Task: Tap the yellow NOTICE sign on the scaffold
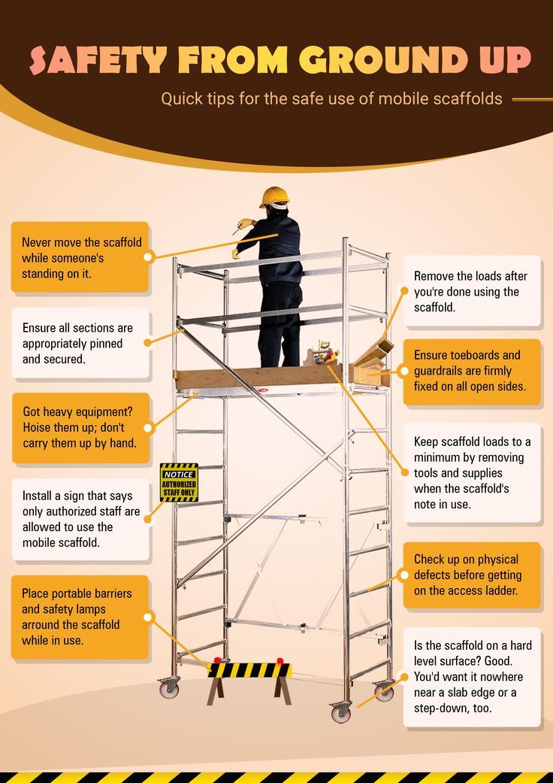tap(179, 483)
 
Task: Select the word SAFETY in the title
tap(98, 60)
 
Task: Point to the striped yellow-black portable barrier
tap(249, 670)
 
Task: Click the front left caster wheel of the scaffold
tap(169, 687)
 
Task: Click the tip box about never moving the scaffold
tap(80, 258)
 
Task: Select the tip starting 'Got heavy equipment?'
tap(80, 427)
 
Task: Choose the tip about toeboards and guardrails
tap(472, 372)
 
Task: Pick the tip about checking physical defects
tap(472, 575)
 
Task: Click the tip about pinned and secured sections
tap(80, 343)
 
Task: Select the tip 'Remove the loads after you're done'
tap(472, 291)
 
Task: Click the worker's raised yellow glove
tap(244, 223)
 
